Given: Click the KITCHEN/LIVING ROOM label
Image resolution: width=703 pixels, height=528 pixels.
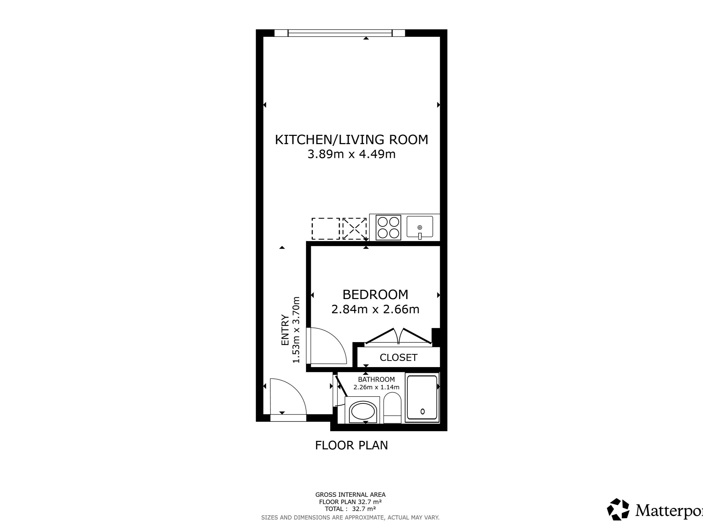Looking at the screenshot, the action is (x=351, y=140).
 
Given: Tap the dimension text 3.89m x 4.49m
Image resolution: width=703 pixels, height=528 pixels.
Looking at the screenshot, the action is (x=351, y=154).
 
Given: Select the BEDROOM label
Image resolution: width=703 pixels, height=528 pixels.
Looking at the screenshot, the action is (x=375, y=295).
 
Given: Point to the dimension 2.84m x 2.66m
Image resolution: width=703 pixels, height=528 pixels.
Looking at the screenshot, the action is (x=375, y=309).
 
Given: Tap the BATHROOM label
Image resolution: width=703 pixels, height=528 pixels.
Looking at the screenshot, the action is (x=376, y=379).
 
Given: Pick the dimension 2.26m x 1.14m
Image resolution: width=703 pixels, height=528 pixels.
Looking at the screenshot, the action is (x=376, y=387).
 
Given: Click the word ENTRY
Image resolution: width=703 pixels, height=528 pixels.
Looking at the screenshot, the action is (x=285, y=330).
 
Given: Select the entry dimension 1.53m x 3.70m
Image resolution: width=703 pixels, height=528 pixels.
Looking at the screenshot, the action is (x=296, y=330).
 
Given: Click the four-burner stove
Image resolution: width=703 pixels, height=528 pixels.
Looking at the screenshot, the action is (x=388, y=228).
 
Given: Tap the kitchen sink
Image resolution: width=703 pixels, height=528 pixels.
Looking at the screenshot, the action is (x=420, y=227).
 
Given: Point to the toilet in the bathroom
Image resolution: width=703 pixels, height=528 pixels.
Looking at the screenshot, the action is (x=392, y=408).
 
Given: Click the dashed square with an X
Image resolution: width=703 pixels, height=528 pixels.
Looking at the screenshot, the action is (x=354, y=228).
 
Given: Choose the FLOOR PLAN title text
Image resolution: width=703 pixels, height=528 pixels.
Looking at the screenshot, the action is (x=351, y=445).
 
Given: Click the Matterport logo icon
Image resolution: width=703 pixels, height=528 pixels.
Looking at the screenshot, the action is (x=618, y=509).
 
